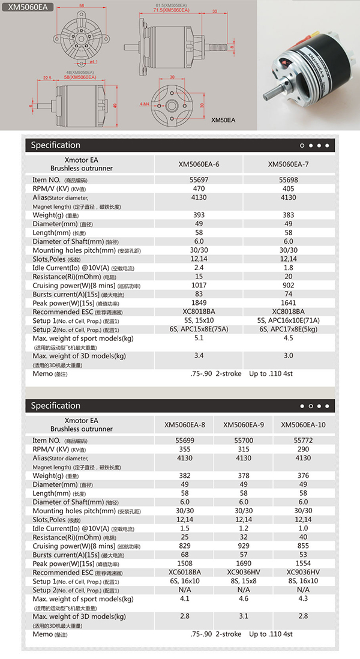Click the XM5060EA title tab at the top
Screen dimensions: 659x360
pyautogui.click(x=28, y=8)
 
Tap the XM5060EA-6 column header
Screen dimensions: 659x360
pyautogui.click(x=199, y=164)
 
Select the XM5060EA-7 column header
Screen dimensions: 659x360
pyautogui.click(x=288, y=164)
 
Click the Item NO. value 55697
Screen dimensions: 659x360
pyautogui.click(x=199, y=179)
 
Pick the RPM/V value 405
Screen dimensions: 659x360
pyautogui.click(x=288, y=188)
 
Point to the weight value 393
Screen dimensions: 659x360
pyautogui.click(x=199, y=215)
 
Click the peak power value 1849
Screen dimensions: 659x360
pyautogui.click(x=199, y=303)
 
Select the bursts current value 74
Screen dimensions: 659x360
pyautogui.click(x=288, y=294)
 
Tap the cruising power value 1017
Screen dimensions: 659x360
pyautogui.click(x=199, y=286)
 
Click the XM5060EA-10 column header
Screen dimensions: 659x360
pyautogui.click(x=304, y=425)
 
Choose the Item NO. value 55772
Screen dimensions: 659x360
pyautogui.click(x=304, y=441)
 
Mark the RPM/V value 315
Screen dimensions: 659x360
pyautogui.click(x=244, y=449)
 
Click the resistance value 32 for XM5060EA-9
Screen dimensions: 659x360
pyautogui.click(x=244, y=537)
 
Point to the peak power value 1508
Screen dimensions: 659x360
pyautogui.click(x=185, y=564)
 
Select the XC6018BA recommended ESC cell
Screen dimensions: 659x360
pyautogui.click(x=185, y=573)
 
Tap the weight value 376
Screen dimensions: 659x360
pyautogui.click(x=304, y=475)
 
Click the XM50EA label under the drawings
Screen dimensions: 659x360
pyautogui.click(x=223, y=120)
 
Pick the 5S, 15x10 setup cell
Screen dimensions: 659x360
pyautogui.click(x=199, y=320)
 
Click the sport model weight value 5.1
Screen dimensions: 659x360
pyautogui.click(x=199, y=338)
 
